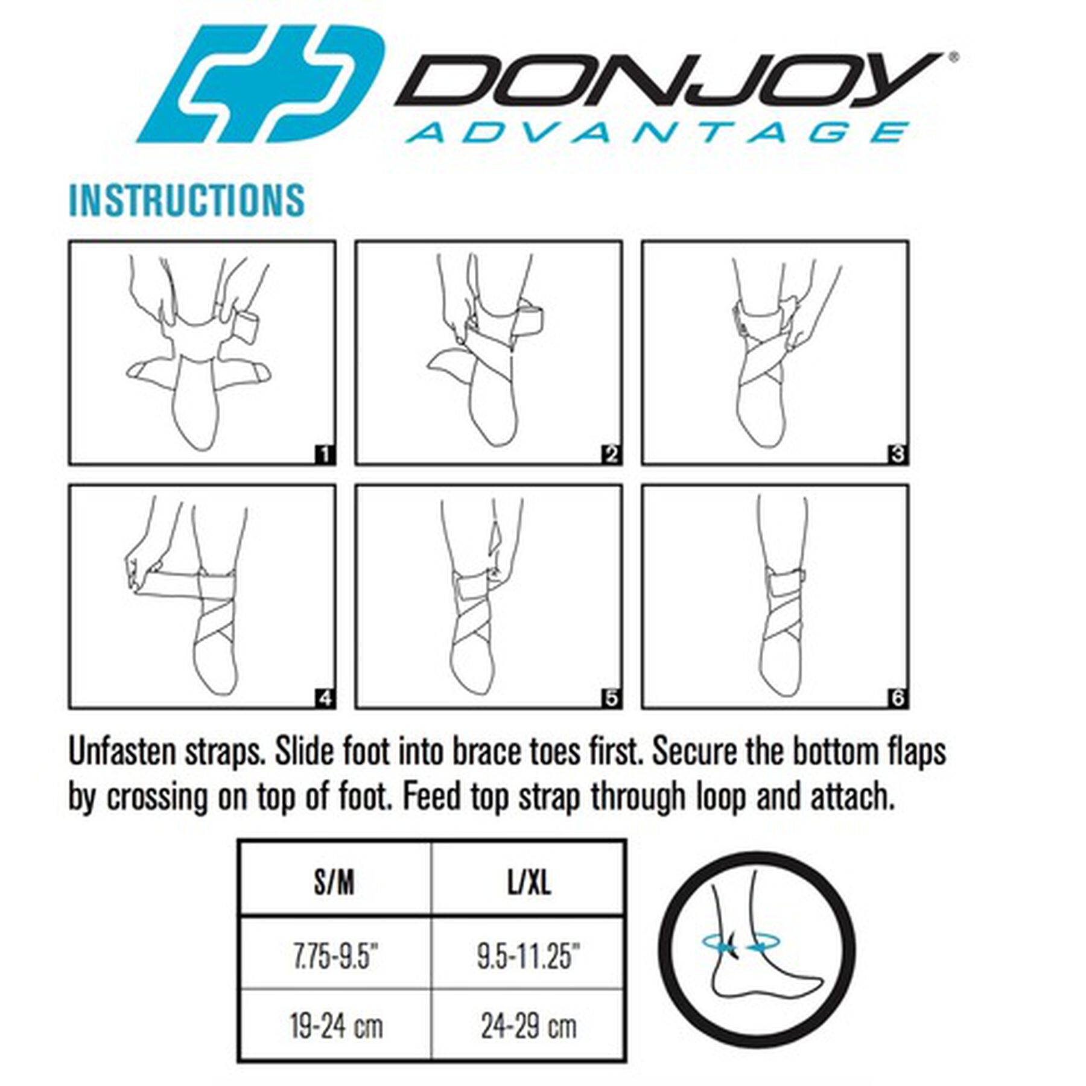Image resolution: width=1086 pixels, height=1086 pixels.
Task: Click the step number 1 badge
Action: point(325,454)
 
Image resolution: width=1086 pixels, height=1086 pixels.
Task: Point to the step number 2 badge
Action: point(612,454)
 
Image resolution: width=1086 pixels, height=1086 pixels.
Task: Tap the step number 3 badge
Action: point(898,454)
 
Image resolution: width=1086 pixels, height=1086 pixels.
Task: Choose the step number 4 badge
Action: point(325,699)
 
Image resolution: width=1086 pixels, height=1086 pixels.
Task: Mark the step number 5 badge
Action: point(612,699)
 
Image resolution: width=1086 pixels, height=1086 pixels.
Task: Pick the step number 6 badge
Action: point(898,699)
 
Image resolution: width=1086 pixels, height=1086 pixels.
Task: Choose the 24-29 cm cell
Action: point(529,1026)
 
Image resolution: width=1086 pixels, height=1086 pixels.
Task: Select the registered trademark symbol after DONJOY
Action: point(953,58)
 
